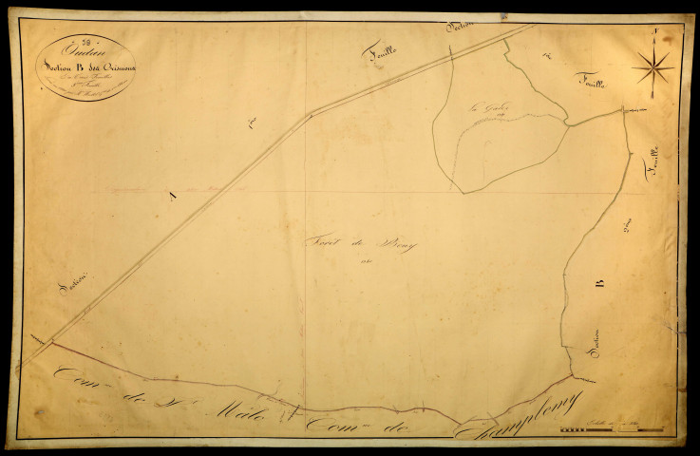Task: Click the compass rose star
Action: [653, 66]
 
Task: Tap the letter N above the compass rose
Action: [655, 33]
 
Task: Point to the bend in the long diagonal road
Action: [310, 114]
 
